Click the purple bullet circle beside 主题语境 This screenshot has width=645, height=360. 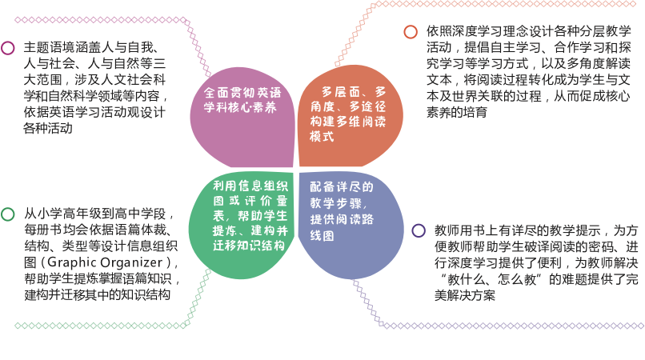[8, 48]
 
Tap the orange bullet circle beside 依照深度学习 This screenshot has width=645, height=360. [411, 32]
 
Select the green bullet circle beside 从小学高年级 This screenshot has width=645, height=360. [8, 214]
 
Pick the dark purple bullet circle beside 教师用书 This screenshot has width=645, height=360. [419, 230]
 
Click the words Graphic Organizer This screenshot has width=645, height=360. [106, 262]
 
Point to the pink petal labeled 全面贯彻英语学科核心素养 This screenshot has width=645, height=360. [242, 118]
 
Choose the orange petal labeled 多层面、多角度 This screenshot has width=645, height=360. [350, 117]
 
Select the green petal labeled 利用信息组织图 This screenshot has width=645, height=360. [242, 224]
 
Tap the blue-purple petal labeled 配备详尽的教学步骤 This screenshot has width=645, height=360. [351, 224]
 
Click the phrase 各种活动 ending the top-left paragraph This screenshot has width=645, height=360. [48, 128]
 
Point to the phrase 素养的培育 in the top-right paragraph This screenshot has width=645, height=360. [457, 112]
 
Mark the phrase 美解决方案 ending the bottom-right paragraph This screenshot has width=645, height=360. [465, 295]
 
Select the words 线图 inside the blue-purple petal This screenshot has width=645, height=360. [322, 236]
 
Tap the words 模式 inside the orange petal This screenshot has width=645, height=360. [322, 136]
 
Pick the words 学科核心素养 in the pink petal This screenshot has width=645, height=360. [240, 107]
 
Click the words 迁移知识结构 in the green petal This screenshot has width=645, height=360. [249, 246]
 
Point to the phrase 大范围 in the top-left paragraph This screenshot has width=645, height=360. [42, 79]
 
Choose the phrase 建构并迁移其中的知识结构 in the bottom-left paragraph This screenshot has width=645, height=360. [97, 295]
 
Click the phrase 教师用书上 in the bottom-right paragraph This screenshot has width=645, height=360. [466, 230]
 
